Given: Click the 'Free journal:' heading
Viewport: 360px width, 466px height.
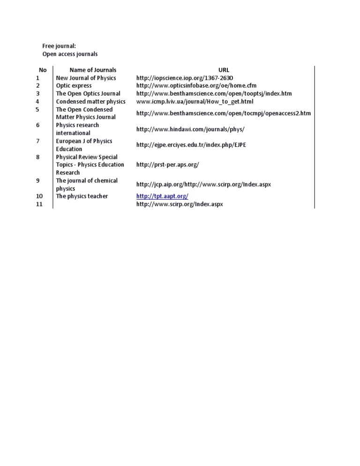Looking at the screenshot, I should (x=59, y=46).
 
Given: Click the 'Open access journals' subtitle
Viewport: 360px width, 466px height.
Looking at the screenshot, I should (x=70, y=54).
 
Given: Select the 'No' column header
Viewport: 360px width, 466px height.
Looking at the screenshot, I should (x=43, y=70).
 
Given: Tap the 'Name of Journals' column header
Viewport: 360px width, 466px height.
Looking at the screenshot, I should (x=93, y=70).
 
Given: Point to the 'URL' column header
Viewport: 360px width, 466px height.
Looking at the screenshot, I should (x=224, y=70).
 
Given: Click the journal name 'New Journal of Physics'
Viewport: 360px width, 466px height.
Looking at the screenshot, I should (x=86, y=78).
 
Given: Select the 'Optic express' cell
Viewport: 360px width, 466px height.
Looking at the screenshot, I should (x=74, y=86).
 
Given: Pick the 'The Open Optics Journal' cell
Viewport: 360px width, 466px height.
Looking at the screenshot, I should (x=88, y=94).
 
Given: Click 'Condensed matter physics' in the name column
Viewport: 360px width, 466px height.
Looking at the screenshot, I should (x=90, y=101).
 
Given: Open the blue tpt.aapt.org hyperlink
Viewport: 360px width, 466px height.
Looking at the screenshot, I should (x=162, y=196).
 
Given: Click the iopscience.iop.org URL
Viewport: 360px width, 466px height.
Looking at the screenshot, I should (x=185, y=78).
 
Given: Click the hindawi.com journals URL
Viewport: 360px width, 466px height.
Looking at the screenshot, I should (x=190, y=129).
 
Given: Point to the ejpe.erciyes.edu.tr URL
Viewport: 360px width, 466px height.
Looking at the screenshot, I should (x=191, y=145).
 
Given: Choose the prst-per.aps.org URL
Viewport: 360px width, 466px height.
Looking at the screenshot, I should (x=167, y=165).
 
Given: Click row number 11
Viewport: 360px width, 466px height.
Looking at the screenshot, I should (x=39, y=204).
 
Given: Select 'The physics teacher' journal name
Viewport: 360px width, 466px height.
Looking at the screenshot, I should (x=82, y=196).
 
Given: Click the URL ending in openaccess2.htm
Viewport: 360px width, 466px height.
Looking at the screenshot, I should (x=223, y=113).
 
